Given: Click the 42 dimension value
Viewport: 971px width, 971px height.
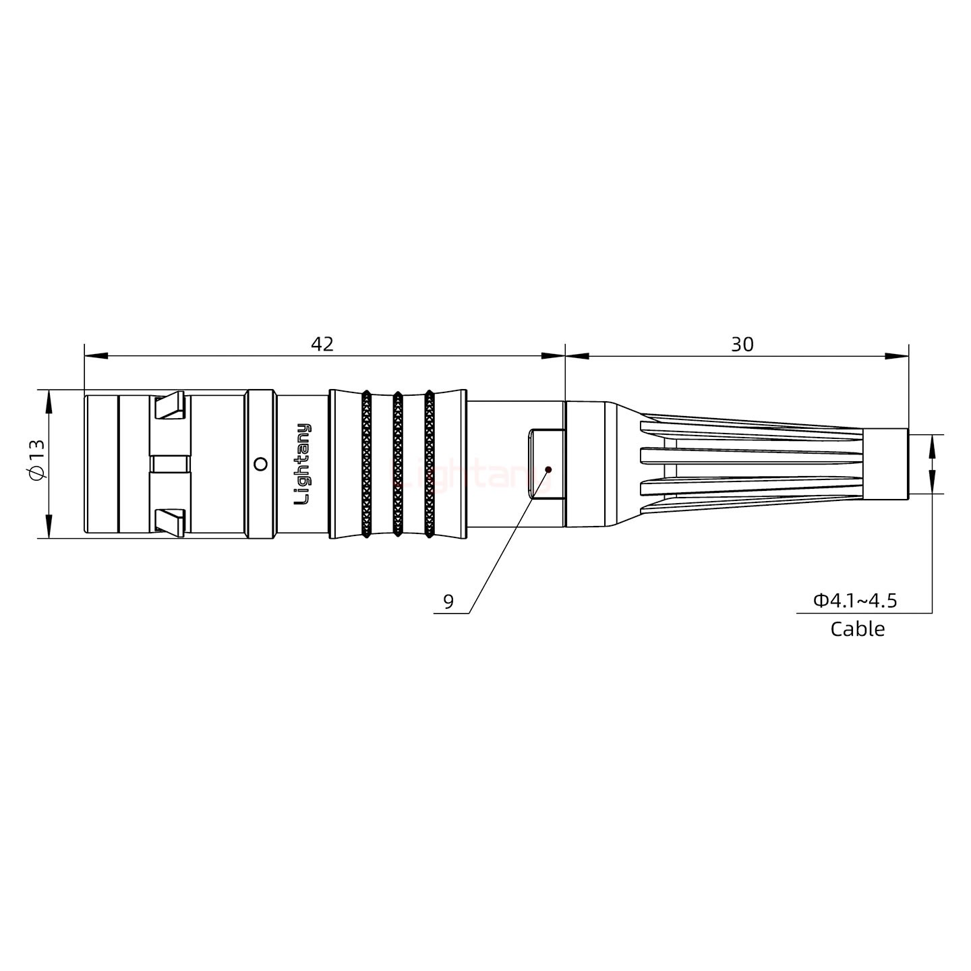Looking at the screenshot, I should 322,344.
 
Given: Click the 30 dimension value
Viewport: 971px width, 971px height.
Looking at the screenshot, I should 742,345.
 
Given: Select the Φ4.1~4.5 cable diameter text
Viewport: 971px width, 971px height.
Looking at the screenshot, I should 855,600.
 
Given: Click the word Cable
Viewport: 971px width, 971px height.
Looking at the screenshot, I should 857,629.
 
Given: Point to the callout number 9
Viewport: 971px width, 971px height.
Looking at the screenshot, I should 448,601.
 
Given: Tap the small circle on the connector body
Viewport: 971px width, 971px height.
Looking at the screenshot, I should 260,464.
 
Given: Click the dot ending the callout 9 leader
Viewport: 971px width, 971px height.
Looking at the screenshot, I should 548,469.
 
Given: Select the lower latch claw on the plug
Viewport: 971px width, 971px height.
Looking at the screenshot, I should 169,522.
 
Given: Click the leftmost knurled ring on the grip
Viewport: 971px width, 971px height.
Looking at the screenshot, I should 366,464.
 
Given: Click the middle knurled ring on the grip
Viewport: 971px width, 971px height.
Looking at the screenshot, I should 398,464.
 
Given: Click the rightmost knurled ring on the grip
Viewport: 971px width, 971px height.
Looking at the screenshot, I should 429,464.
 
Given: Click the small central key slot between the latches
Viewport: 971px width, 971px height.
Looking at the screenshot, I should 170,464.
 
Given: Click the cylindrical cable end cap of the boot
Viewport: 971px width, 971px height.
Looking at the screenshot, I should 885,464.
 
